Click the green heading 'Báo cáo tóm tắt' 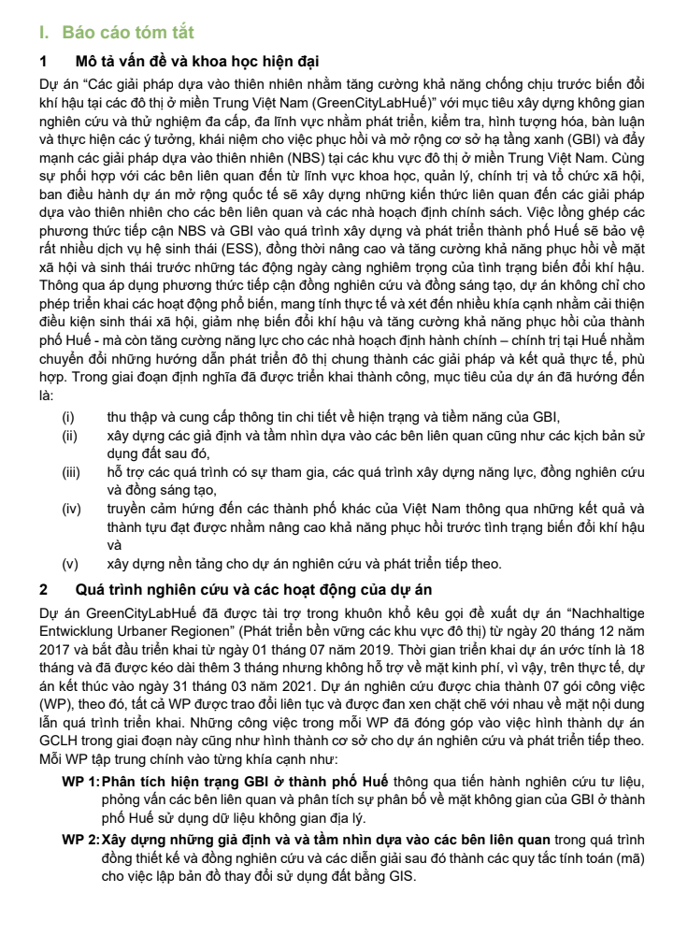point(127,33)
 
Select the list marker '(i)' point(68,417)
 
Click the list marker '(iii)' point(71,472)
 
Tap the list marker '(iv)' point(71,509)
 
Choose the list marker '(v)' point(69,564)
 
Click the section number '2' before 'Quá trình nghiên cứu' point(44,590)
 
